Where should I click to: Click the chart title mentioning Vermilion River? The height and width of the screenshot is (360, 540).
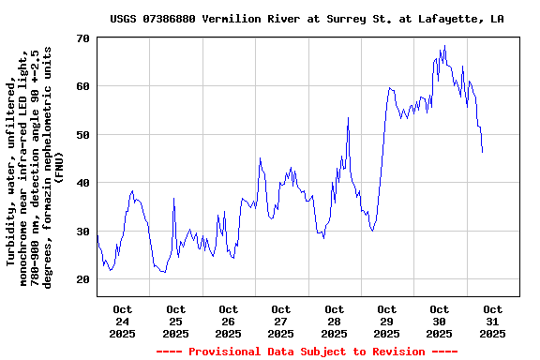pyautogui.click(x=307, y=19)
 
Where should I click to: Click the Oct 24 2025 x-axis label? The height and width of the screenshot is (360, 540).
pyautogui.click(x=123, y=321)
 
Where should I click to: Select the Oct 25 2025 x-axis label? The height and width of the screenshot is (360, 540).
pyautogui.click(x=175, y=321)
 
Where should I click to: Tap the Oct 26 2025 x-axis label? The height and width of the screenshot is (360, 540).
pyautogui.click(x=228, y=321)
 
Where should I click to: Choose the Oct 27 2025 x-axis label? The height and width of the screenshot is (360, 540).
pyautogui.click(x=281, y=321)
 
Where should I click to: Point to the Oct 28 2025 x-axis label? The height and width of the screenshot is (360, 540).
pyautogui.click(x=334, y=321)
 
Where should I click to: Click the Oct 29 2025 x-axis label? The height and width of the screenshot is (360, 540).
pyautogui.click(x=386, y=321)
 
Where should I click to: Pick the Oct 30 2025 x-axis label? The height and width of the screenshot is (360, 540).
pyautogui.click(x=440, y=321)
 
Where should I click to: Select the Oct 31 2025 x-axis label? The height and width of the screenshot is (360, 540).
pyautogui.click(x=492, y=321)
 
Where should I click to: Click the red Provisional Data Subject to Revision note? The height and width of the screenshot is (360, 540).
pyautogui.click(x=307, y=352)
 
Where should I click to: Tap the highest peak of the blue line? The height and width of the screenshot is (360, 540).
pyautogui.click(x=444, y=46)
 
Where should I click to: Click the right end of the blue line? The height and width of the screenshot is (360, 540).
pyautogui.click(x=482, y=152)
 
